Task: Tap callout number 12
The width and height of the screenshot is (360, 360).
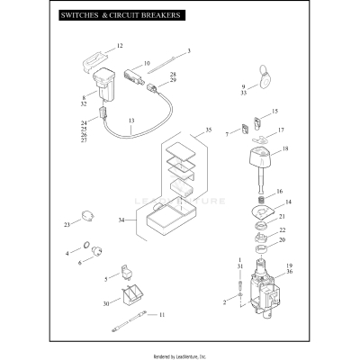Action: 120,45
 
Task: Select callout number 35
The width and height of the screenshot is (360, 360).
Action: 209,130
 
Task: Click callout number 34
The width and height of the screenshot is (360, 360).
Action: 121,220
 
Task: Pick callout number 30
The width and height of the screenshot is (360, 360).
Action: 106,304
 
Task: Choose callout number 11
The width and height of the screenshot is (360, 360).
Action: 162,315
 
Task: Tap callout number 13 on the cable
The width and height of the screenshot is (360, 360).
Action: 131,120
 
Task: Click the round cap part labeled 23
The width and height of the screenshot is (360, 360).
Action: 88,216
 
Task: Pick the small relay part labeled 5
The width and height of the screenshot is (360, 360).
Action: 125,272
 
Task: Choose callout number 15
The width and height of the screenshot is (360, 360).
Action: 274,112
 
